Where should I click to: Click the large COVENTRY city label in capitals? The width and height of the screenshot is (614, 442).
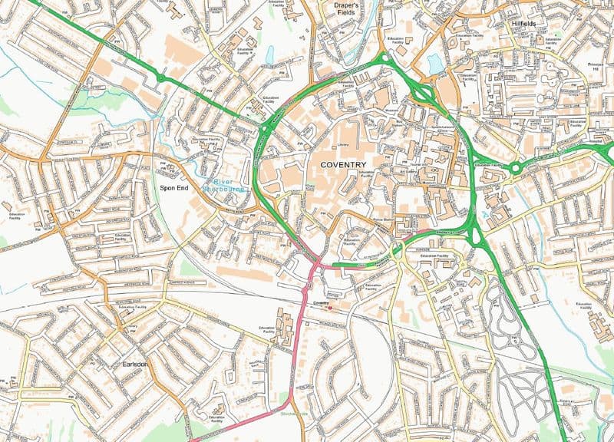pyautogui.click(x=343, y=164)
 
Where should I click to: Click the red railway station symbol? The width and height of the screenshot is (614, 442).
pyautogui.click(x=329, y=309)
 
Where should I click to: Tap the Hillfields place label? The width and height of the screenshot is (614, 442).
pyautogui.click(x=524, y=24)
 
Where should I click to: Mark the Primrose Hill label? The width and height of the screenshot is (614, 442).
pyautogui.click(x=596, y=67)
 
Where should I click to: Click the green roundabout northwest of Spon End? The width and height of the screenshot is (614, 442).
pyautogui.click(x=160, y=77)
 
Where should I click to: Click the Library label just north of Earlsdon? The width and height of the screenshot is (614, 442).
pyautogui.click(x=132, y=328)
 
